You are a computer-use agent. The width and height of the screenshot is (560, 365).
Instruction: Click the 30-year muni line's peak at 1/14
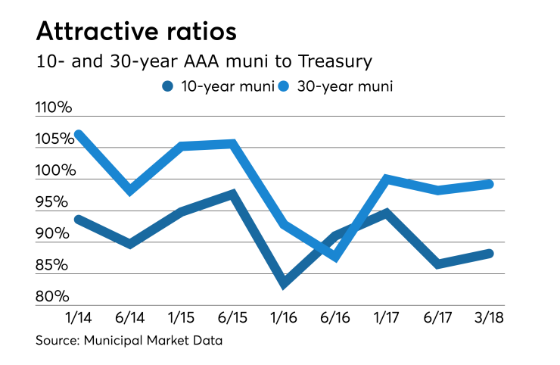pos(79,134)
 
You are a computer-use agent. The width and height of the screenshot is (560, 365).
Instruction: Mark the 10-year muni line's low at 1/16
pos(285,285)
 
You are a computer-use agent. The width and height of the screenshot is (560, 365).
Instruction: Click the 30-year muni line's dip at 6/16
pos(336,258)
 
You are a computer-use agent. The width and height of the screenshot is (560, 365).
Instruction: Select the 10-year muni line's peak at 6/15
pos(233,193)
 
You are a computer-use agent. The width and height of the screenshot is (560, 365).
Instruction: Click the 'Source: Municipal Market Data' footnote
pos(129,342)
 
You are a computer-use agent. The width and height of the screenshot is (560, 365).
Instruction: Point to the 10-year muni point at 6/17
pos(438,264)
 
